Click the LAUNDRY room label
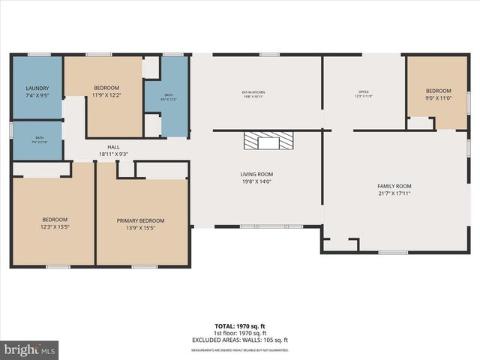[37, 88]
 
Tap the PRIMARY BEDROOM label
[140, 220]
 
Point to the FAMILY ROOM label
[394, 186]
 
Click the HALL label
[113, 147]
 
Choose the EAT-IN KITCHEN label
[253, 92]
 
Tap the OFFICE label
[363, 92]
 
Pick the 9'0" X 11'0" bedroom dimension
[439, 97]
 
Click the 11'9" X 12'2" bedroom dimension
[106, 95]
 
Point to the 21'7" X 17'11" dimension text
[394, 193]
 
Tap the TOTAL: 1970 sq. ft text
[240, 326]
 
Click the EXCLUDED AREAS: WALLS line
[240, 340]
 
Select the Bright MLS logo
[30, 349]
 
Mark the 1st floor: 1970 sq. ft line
[240, 333]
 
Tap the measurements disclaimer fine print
[240, 349]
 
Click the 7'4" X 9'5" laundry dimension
[37, 95]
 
